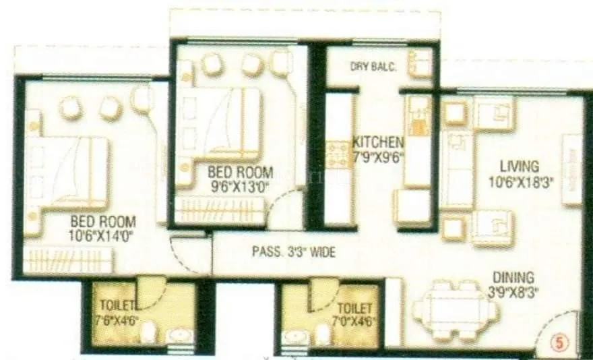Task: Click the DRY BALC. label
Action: point(373,66)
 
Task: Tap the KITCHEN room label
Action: point(378,143)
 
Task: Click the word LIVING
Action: point(519,166)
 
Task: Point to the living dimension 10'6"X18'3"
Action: point(521,181)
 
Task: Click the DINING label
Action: point(513,277)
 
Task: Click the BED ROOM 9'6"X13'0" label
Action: point(240,178)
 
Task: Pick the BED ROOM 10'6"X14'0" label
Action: point(103,228)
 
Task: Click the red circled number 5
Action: point(561,342)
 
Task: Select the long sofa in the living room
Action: point(457,169)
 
